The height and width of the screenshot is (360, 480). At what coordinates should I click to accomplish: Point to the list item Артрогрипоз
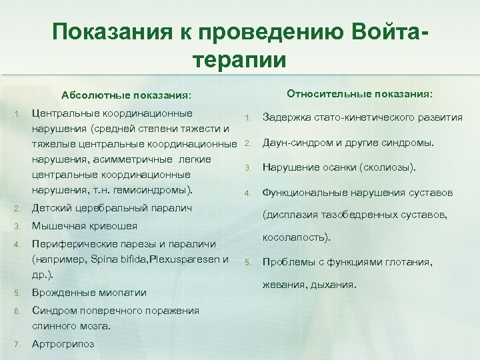point(63,344)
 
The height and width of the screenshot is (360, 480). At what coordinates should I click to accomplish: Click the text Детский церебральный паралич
point(112,208)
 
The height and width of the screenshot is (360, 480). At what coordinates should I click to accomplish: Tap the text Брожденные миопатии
point(89,293)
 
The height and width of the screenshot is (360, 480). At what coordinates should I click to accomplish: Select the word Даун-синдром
point(293,142)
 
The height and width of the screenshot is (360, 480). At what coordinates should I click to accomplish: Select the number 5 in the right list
point(246,262)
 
